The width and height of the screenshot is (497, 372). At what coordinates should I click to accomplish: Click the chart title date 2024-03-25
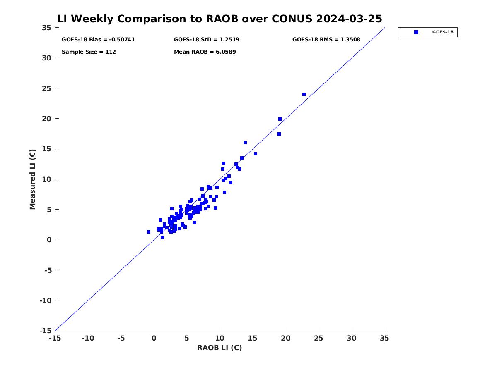349,19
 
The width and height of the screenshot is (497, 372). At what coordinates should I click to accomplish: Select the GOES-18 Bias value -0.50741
122,40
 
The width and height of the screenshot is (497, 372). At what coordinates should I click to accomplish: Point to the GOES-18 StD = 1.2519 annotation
207,40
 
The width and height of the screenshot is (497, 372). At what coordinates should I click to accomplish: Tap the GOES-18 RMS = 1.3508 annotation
326,40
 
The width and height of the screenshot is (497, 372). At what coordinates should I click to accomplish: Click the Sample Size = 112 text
89,52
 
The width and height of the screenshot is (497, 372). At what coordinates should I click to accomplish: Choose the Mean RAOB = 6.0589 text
205,52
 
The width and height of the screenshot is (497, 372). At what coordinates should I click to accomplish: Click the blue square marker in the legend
416,32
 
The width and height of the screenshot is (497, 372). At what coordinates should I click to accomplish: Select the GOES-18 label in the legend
443,32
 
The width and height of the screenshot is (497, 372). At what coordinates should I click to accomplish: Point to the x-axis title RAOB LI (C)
220,348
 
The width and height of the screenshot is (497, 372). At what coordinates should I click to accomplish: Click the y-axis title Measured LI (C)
32,179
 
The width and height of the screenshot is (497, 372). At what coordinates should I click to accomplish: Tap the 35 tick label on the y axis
47,28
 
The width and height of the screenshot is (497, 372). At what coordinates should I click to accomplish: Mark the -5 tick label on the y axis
48,270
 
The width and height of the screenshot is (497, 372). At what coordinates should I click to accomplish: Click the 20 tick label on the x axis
286,338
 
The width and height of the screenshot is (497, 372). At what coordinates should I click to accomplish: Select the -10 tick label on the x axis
88,338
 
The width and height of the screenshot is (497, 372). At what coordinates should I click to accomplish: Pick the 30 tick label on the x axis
352,338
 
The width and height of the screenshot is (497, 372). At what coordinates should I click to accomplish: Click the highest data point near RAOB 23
304,94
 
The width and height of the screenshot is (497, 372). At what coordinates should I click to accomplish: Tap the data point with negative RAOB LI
149,232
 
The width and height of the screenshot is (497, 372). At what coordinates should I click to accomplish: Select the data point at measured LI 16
245,143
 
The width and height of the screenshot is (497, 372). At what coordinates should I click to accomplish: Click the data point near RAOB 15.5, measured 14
256,154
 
